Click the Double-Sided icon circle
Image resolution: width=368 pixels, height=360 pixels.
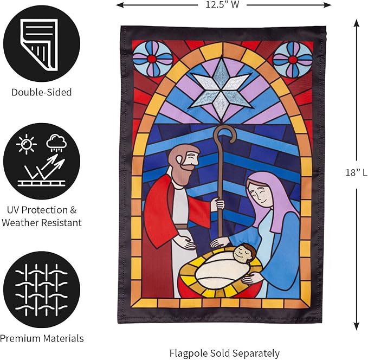pyautogui.click(x=42, y=44)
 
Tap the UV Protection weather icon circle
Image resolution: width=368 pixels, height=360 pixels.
pyautogui.click(x=42, y=162)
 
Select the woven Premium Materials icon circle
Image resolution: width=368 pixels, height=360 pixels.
pyautogui.click(x=42, y=290)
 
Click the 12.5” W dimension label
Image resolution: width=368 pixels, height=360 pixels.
pyautogui.click(x=222, y=4)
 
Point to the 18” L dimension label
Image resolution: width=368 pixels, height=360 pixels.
pyautogui.click(x=356, y=172)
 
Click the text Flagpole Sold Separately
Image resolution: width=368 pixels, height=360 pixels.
pyautogui.click(x=224, y=353)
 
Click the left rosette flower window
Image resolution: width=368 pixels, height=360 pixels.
pyautogui.click(x=152, y=59)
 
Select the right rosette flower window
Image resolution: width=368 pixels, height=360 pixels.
pyautogui.click(x=293, y=60)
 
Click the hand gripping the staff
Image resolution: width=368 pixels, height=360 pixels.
pyautogui.click(x=217, y=204)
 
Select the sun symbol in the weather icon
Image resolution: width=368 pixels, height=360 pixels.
pyautogui.click(x=26, y=144)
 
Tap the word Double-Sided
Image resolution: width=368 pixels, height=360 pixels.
pyautogui.click(x=42, y=92)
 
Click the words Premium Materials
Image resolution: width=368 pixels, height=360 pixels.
pyautogui.click(x=42, y=338)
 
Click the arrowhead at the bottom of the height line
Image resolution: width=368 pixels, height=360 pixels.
pyautogui.click(x=357, y=326)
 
